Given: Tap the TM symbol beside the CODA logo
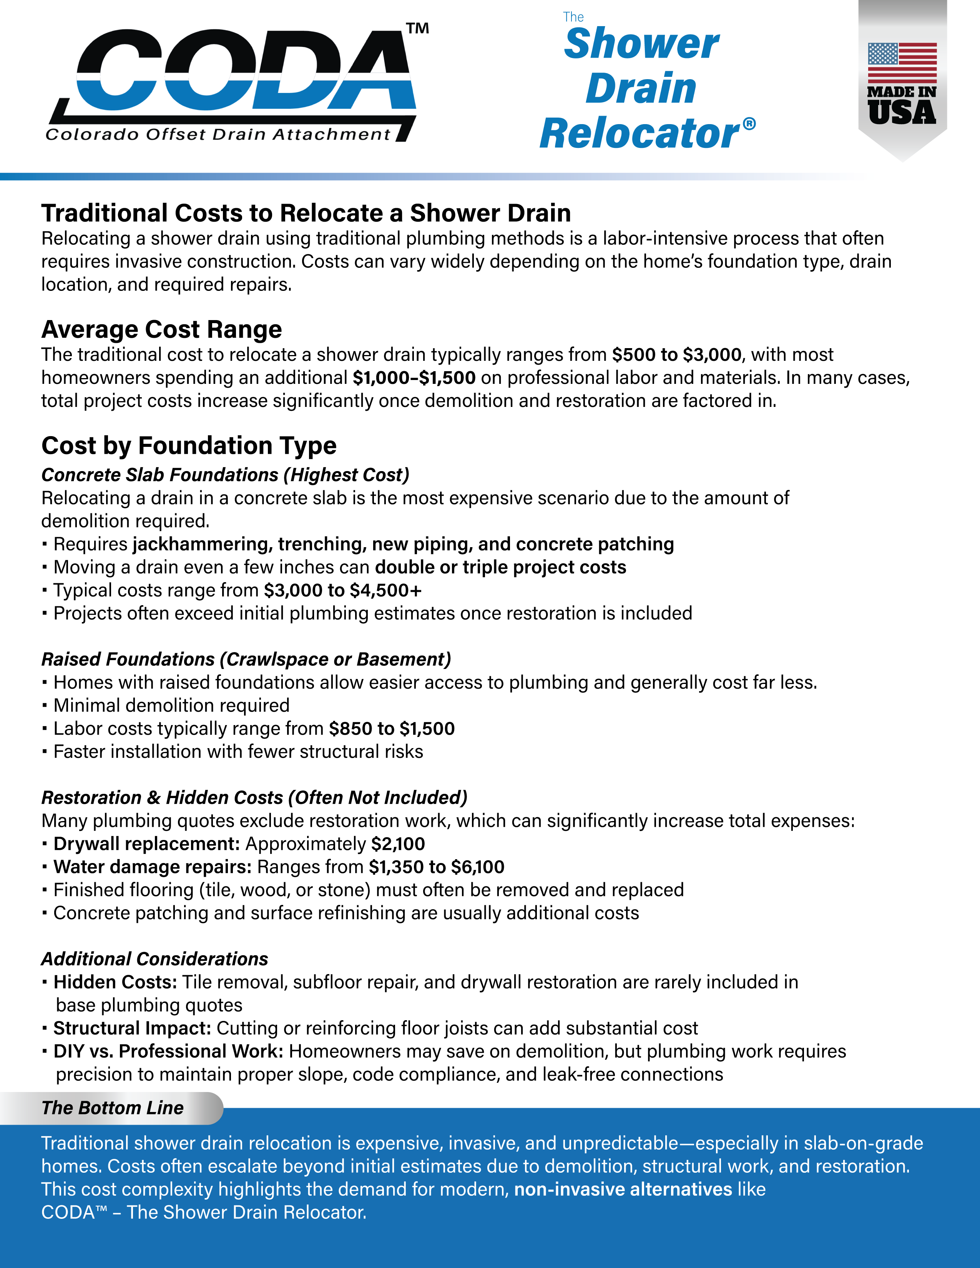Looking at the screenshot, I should (x=417, y=28).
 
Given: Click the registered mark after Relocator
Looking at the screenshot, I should (x=749, y=124).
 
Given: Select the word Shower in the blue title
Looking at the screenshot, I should (x=641, y=44).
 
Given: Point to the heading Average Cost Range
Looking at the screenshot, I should (x=161, y=329).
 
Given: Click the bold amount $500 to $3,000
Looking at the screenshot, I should (x=676, y=354).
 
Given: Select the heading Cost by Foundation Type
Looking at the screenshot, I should (x=189, y=445).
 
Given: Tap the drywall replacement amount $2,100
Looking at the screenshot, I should (x=398, y=843).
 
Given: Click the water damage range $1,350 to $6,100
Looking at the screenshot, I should (x=437, y=867).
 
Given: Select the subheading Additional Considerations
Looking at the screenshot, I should (x=154, y=959).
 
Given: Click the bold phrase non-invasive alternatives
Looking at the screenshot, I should (x=623, y=1189).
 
